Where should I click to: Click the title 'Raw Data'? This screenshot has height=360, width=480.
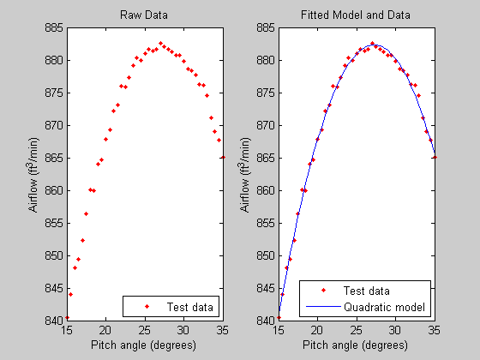pos(144,15)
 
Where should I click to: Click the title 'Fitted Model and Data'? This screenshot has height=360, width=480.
pos(356,15)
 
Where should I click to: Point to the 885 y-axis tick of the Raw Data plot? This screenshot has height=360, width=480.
pos(52,27)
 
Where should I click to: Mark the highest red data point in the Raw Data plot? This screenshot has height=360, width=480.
pos(160,43)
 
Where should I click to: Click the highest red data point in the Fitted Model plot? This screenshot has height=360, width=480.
pos(372,43)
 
